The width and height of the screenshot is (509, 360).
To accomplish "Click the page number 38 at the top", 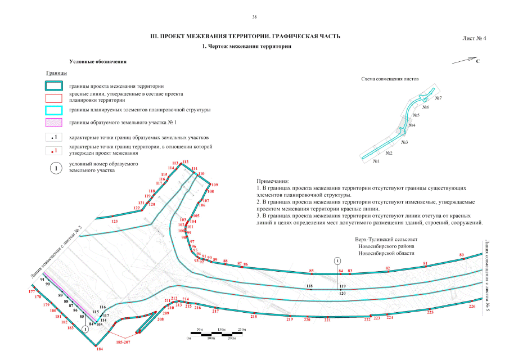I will coord(254,18).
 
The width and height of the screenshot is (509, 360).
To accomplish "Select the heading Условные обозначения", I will coord(98,61).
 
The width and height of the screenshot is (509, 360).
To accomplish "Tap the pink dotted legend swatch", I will coord(55,122).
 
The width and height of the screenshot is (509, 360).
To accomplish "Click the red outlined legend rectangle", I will coord(55,97).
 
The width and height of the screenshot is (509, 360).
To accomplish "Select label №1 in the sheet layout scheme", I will coord(376,161).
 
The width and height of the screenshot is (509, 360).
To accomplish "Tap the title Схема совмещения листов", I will coord(391,79).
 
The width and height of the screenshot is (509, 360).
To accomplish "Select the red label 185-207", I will coord(123,341).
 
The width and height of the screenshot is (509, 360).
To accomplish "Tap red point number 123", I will coord(115,222).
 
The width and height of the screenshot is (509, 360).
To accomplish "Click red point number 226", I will coord(472,307).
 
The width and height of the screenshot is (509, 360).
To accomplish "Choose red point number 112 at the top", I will coord(186,162).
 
